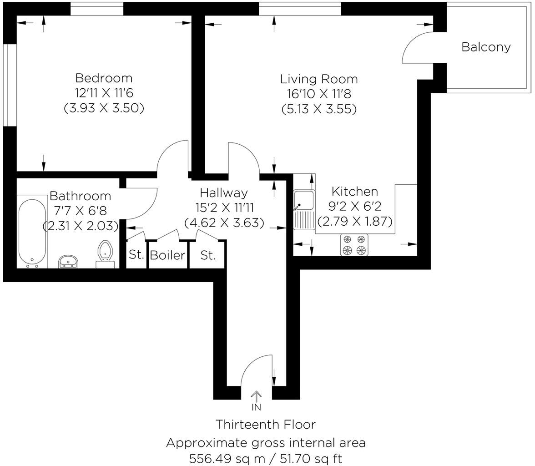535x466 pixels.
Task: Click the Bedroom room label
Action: (104, 78)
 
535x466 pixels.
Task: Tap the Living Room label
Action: (318, 79)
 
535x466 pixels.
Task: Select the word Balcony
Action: (486, 47)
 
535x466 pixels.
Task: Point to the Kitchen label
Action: (354, 191)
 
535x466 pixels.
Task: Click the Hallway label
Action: (224, 193)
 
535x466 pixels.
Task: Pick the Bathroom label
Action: (80, 196)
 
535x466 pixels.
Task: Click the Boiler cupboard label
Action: (167, 255)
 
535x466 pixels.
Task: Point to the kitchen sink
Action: (304, 201)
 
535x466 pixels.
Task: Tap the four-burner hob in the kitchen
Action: (354, 244)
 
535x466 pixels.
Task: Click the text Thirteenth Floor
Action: (265, 425)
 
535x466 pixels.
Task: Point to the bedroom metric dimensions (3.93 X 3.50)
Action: (104, 108)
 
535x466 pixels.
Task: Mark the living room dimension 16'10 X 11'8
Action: (318, 94)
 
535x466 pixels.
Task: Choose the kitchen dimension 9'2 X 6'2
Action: (354, 207)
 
